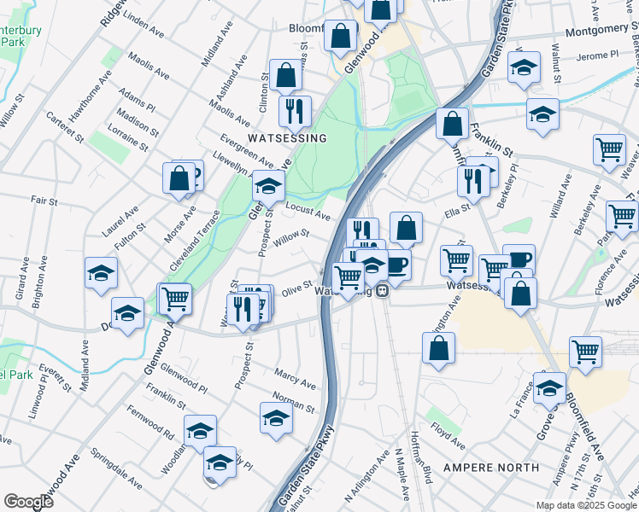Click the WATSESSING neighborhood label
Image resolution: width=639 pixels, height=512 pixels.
287,137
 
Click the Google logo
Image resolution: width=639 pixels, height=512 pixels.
28,501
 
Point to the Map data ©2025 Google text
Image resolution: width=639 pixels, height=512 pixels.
585,505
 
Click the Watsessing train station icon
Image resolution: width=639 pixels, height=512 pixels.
384,291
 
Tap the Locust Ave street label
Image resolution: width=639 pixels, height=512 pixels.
309,212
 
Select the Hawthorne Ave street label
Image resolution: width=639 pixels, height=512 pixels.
91,95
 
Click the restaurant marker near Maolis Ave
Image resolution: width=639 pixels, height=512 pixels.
295,111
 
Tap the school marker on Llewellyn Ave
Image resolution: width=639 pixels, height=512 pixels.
268,185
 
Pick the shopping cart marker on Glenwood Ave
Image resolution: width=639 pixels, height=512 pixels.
174,300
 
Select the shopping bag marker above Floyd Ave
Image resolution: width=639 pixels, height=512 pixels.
438,348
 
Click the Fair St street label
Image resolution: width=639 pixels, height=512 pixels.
44,202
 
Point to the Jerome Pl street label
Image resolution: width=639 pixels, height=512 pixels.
597,55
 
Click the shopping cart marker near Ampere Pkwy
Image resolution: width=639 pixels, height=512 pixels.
585,351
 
